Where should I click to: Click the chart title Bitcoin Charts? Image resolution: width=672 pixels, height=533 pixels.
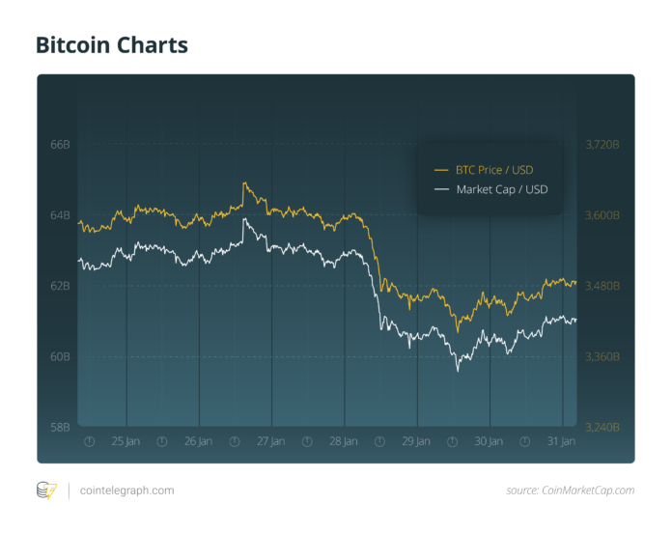[112, 44]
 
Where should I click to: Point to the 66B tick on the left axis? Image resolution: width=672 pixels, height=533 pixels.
[60, 145]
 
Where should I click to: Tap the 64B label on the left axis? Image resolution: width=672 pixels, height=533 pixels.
[60, 215]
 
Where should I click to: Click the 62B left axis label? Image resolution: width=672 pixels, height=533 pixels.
[60, 286]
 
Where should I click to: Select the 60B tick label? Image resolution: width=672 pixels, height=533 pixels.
[60, 356]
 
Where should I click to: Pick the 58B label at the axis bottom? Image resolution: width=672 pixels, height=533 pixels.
[60, 427]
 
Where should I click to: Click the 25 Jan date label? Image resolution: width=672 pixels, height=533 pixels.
[125, 441]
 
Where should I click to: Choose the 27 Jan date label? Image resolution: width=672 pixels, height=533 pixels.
[270, 441]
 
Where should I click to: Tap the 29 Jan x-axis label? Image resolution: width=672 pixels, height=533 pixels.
[416, 441]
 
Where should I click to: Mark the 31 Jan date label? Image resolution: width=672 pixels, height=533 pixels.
[562, 441]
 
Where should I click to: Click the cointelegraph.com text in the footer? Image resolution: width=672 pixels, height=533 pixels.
[126, 491]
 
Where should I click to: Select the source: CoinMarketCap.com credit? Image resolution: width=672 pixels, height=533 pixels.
[570, 491]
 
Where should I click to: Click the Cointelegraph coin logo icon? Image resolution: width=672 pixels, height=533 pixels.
[46, 491]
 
